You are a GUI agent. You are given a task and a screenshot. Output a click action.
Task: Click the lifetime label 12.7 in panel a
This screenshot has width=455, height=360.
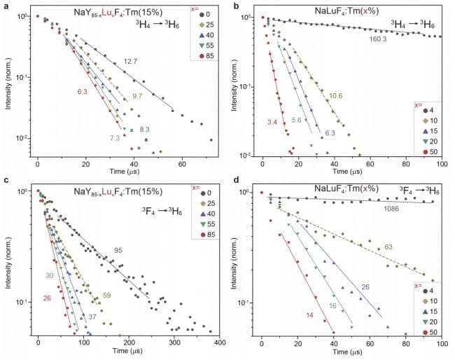(130, 62)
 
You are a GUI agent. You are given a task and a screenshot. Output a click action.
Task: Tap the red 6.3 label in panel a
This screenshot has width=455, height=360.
(83, 92)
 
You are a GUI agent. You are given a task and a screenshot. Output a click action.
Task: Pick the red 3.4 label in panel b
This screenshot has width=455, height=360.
(272, 123)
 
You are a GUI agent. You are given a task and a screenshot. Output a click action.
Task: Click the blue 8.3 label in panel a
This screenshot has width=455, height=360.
(144, 130)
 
